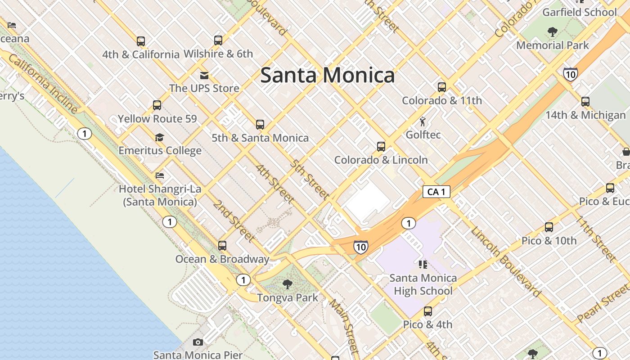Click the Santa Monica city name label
coord(328,75)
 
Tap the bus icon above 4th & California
coord(141,41)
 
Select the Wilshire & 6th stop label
coord(218,54)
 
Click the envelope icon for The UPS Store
coord(204,75)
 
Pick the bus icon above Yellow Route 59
coord(157,105)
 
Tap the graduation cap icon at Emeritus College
coord(159,137)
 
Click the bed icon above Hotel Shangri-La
coord(160,175)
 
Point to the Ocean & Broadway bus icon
coord(222,246)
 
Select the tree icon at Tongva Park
coord(288,284)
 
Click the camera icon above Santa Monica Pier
coord(198,342)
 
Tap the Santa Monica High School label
coord(423,284)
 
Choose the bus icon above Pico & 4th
coord(427,311)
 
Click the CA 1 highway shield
coord(436,192)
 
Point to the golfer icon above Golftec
coord(423,121)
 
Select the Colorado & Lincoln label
coord(381,160)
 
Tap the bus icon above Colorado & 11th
coord(442,87)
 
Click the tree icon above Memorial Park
coord(553,32)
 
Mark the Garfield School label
coord(579,12)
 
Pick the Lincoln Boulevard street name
coord(505,262)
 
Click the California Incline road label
coord(43,84)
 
